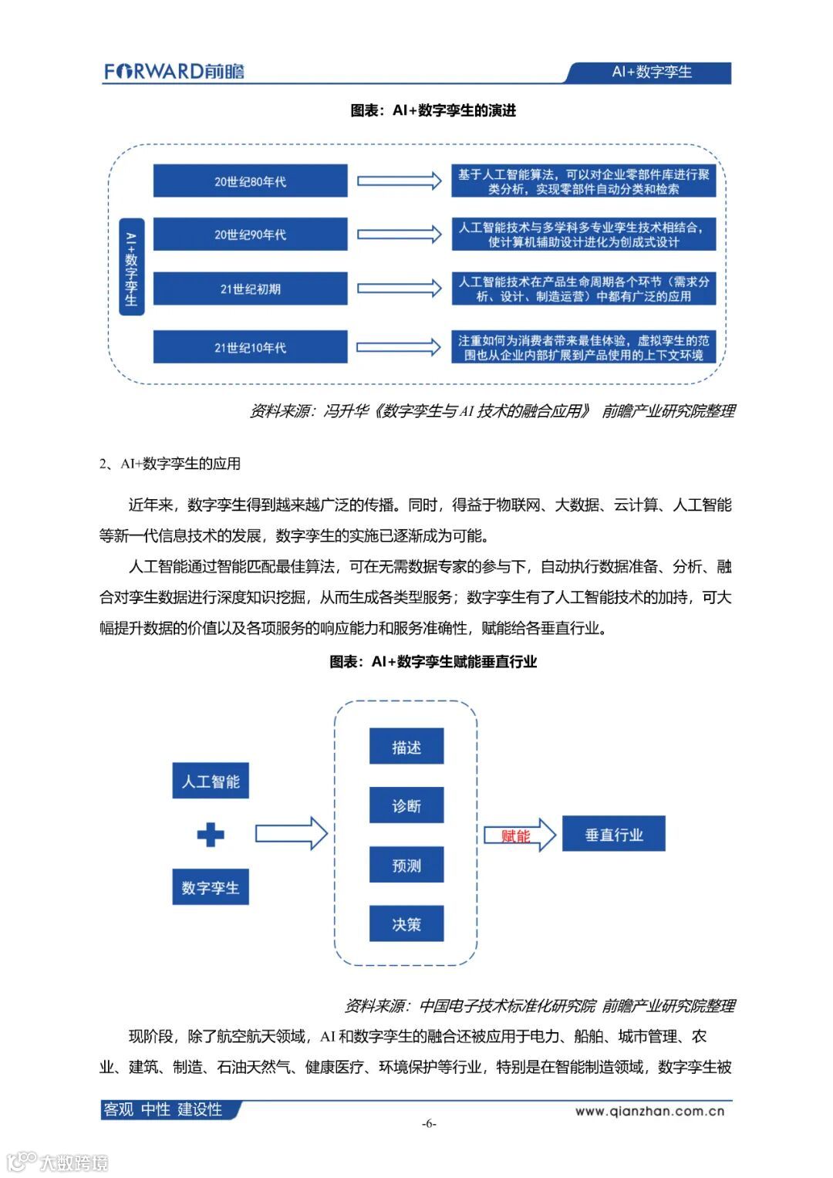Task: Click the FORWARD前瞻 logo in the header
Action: tap(174, 72)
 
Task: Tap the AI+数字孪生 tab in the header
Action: tap(652, 73)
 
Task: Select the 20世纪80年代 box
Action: tap(250, 181)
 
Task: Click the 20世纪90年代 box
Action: tap(250, 235)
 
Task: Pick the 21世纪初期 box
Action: tap(250, 289)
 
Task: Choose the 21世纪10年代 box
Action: tap(250, 347)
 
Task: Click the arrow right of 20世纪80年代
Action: tap(399, 181)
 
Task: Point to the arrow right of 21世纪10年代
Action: tap(399, 347)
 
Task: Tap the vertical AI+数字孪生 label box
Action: tap(131, 267)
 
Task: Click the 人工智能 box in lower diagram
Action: tap(211, 781)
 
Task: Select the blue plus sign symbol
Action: tap(211, 835)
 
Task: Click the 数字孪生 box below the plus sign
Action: tap(211, 888)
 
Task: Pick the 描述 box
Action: tap(406, 747)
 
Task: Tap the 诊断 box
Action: tap(406, 806)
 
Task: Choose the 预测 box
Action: tap(406, 865)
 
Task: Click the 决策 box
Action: tap(406, 924)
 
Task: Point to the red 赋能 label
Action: tap(515, 835)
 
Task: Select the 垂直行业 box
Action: tap(613, 835)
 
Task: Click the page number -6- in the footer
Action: tap(429, 1124)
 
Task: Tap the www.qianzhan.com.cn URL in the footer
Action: tap(649, 1112)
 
